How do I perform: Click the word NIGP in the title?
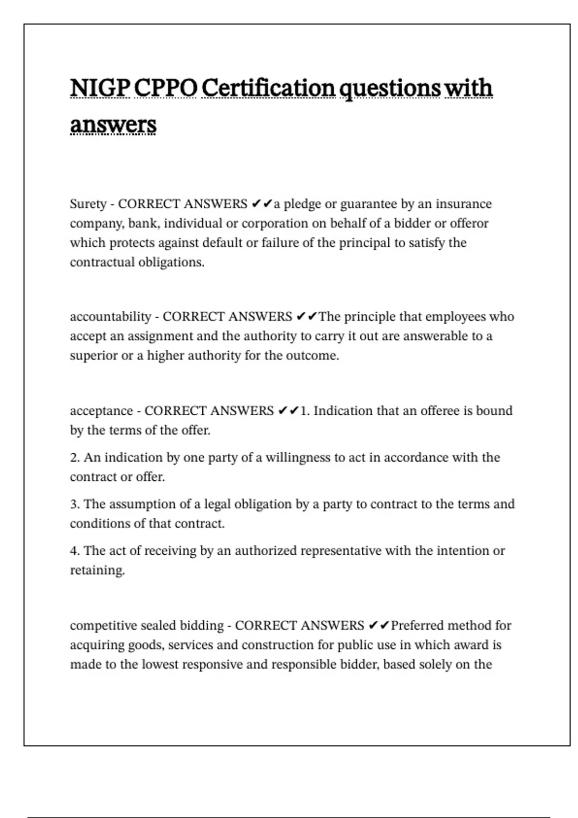coord(100,88)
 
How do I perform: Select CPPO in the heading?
coord(165,88)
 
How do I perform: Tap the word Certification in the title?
coord(268,88)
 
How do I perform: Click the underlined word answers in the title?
coord(113,125)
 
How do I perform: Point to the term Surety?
coord(88,204)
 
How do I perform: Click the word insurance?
coord(464,204)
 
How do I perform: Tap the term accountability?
coord(111,317)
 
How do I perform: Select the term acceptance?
coord(101,411)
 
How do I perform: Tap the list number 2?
coord(75,458)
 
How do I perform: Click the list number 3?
coord(75,504)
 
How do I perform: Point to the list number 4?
coord(75,551)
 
